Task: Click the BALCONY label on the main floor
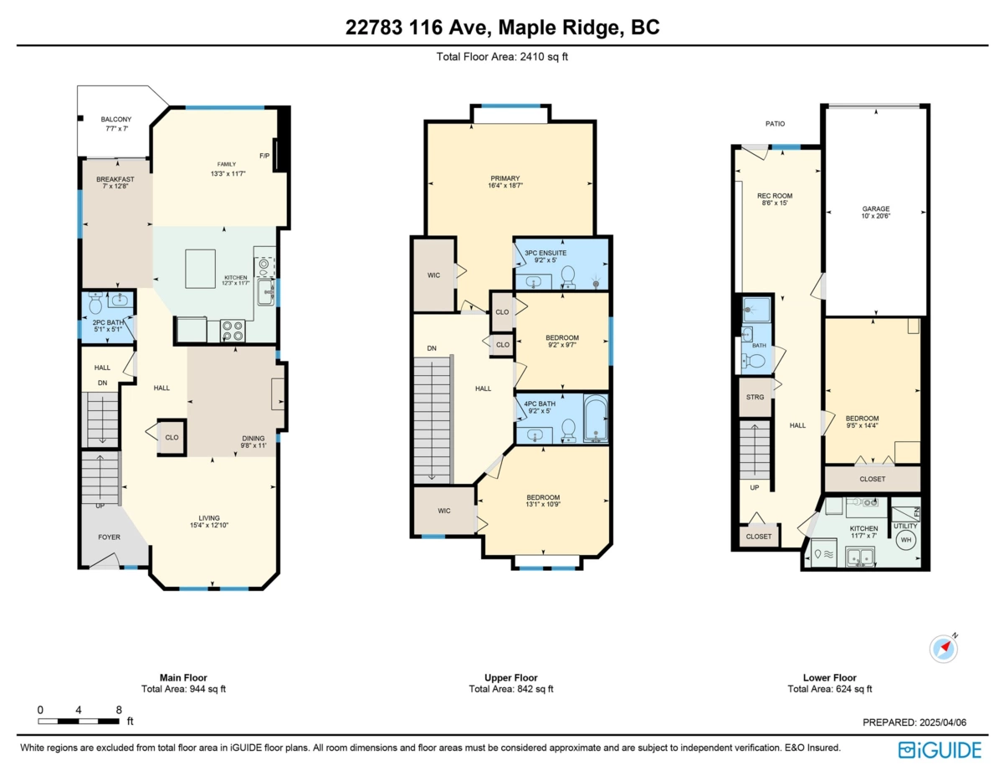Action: click(x=116, y=120)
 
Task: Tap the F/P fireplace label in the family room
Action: click(x=264, y=156)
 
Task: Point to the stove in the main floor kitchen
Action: click(x=232, y=331)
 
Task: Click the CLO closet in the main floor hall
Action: click(x=172, y=437)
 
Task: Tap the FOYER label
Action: click(x=110, y=537)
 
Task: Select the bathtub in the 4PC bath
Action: click(x=595, y=419)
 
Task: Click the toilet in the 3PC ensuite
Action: click(x=567, y=275)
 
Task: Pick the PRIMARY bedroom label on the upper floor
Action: click(x=505, y=178)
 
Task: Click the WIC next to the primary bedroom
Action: click(x=433, y=274)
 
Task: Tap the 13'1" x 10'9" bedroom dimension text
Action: click(x=543, y=506)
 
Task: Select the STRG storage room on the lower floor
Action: click(x=755, y=397)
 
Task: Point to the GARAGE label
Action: click(x=876, y=209)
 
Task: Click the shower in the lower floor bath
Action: click(x=754, y=309)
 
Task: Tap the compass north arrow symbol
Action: click(x=944, y=648)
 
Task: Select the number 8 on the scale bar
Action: click(x=119, y=709)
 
